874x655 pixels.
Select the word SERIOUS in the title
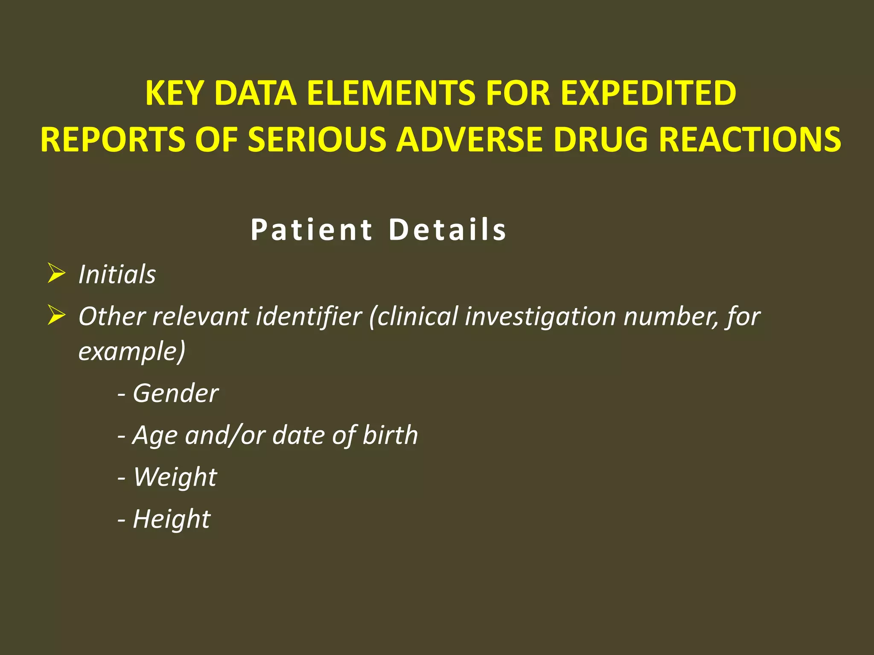coord(317,139)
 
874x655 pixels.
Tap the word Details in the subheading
coord(448,230)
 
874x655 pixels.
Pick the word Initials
coord(117,274)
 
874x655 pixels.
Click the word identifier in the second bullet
coord(309,317)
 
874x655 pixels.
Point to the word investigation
coord(540,317)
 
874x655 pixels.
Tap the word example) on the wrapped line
coord(132,352)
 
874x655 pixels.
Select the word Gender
coord(175,393)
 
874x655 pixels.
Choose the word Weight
coord(175,477)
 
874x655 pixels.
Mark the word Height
coord(172,519)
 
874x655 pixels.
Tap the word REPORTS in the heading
coord(113,139)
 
